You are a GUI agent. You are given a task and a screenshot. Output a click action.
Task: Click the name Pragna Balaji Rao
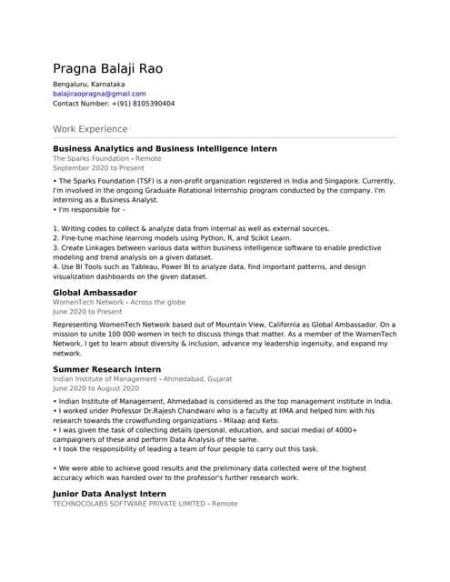tap(108, 69)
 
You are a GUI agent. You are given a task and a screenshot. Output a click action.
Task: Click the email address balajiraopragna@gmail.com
tap(99, 94)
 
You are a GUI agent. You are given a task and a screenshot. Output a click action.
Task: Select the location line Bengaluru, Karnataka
tap(89, 84)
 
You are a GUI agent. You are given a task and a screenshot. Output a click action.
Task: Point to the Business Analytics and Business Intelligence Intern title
tap(165, 148)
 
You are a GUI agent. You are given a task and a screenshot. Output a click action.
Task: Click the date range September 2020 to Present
tap(98, 168)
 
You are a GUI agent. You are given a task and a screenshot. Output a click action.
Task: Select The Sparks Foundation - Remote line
tap(106, 158)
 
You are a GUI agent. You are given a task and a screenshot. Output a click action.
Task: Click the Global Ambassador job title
tap(95, 293)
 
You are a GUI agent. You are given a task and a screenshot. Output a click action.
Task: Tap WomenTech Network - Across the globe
tap(119, 302)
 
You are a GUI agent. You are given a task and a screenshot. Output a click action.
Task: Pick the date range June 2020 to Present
tap(87, 312)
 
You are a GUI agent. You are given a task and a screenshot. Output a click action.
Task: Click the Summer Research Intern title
tap(106, 369)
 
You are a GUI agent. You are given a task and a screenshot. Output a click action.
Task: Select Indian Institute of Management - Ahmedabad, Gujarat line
tap(142, 378)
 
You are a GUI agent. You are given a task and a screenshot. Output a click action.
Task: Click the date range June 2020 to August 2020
tap(95, 388)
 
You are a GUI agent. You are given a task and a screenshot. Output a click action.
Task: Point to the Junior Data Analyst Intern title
tap(109, 494)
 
